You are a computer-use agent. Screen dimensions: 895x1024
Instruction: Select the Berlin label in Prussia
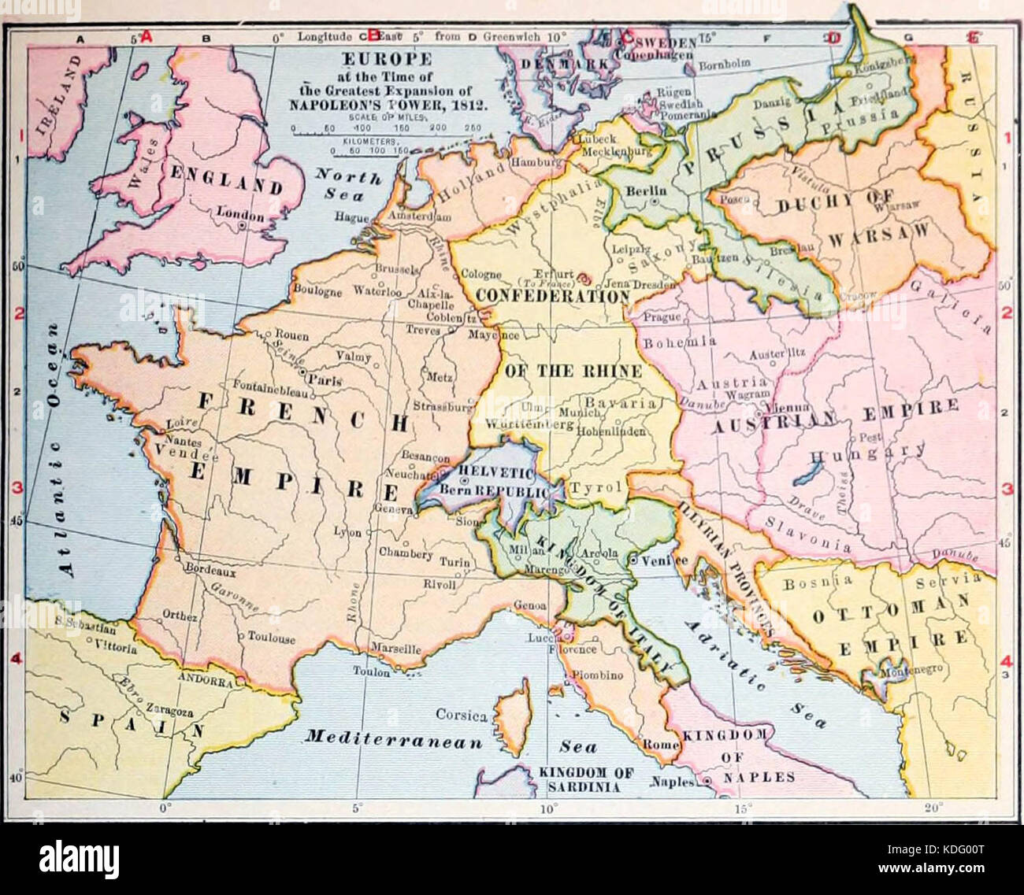(x=645, y=190)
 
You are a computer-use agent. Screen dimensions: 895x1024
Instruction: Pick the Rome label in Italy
(x=660, y=745)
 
